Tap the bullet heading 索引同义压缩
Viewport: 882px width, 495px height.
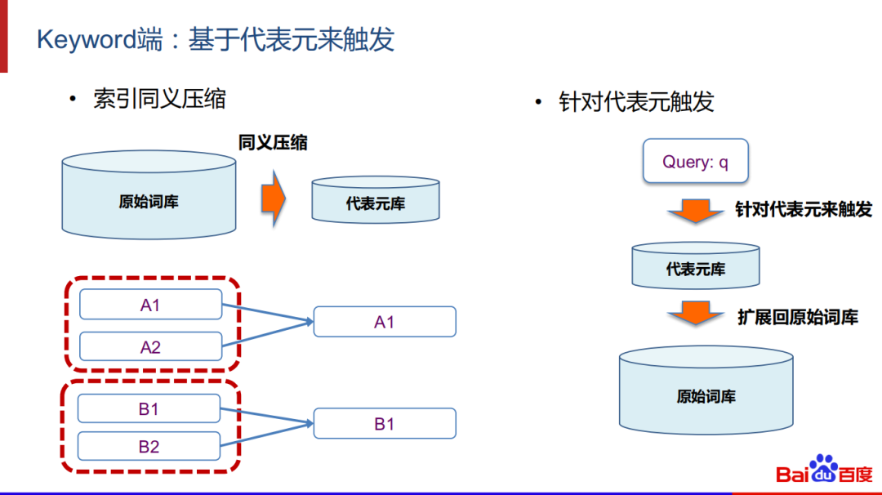coord(159,100)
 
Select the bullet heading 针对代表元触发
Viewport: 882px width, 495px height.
coord(636,101)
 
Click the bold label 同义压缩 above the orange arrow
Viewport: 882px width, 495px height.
coord(273,143)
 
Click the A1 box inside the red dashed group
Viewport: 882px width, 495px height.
coord(150,305)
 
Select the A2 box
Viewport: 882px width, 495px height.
coord(150,347)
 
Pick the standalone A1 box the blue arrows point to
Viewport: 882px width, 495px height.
coord(385,322)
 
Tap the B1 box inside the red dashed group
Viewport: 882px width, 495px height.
coord(149,408)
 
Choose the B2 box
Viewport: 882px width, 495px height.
coord(149,447)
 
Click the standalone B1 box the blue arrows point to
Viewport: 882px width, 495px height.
coord(385,424)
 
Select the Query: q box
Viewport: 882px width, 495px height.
coord(695,162)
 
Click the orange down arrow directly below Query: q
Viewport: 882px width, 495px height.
coord(696,212)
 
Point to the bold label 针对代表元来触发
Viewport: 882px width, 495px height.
coord(804,211)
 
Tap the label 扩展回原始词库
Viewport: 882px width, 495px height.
coord(798,318)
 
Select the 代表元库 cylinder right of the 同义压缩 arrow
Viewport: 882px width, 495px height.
coord(376,200)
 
